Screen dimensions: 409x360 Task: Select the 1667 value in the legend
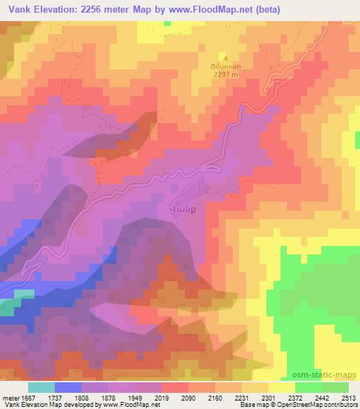coord(25,397)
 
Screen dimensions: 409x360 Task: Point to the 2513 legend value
coord(349,397)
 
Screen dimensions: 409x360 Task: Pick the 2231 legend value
coord(241,397)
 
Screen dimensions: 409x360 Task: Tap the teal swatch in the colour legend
coord(41,387)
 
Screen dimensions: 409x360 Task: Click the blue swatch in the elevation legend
coord(67,387)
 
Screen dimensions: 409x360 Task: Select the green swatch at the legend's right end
coord(335,387)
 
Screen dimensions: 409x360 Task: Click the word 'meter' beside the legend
coord(8,397)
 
